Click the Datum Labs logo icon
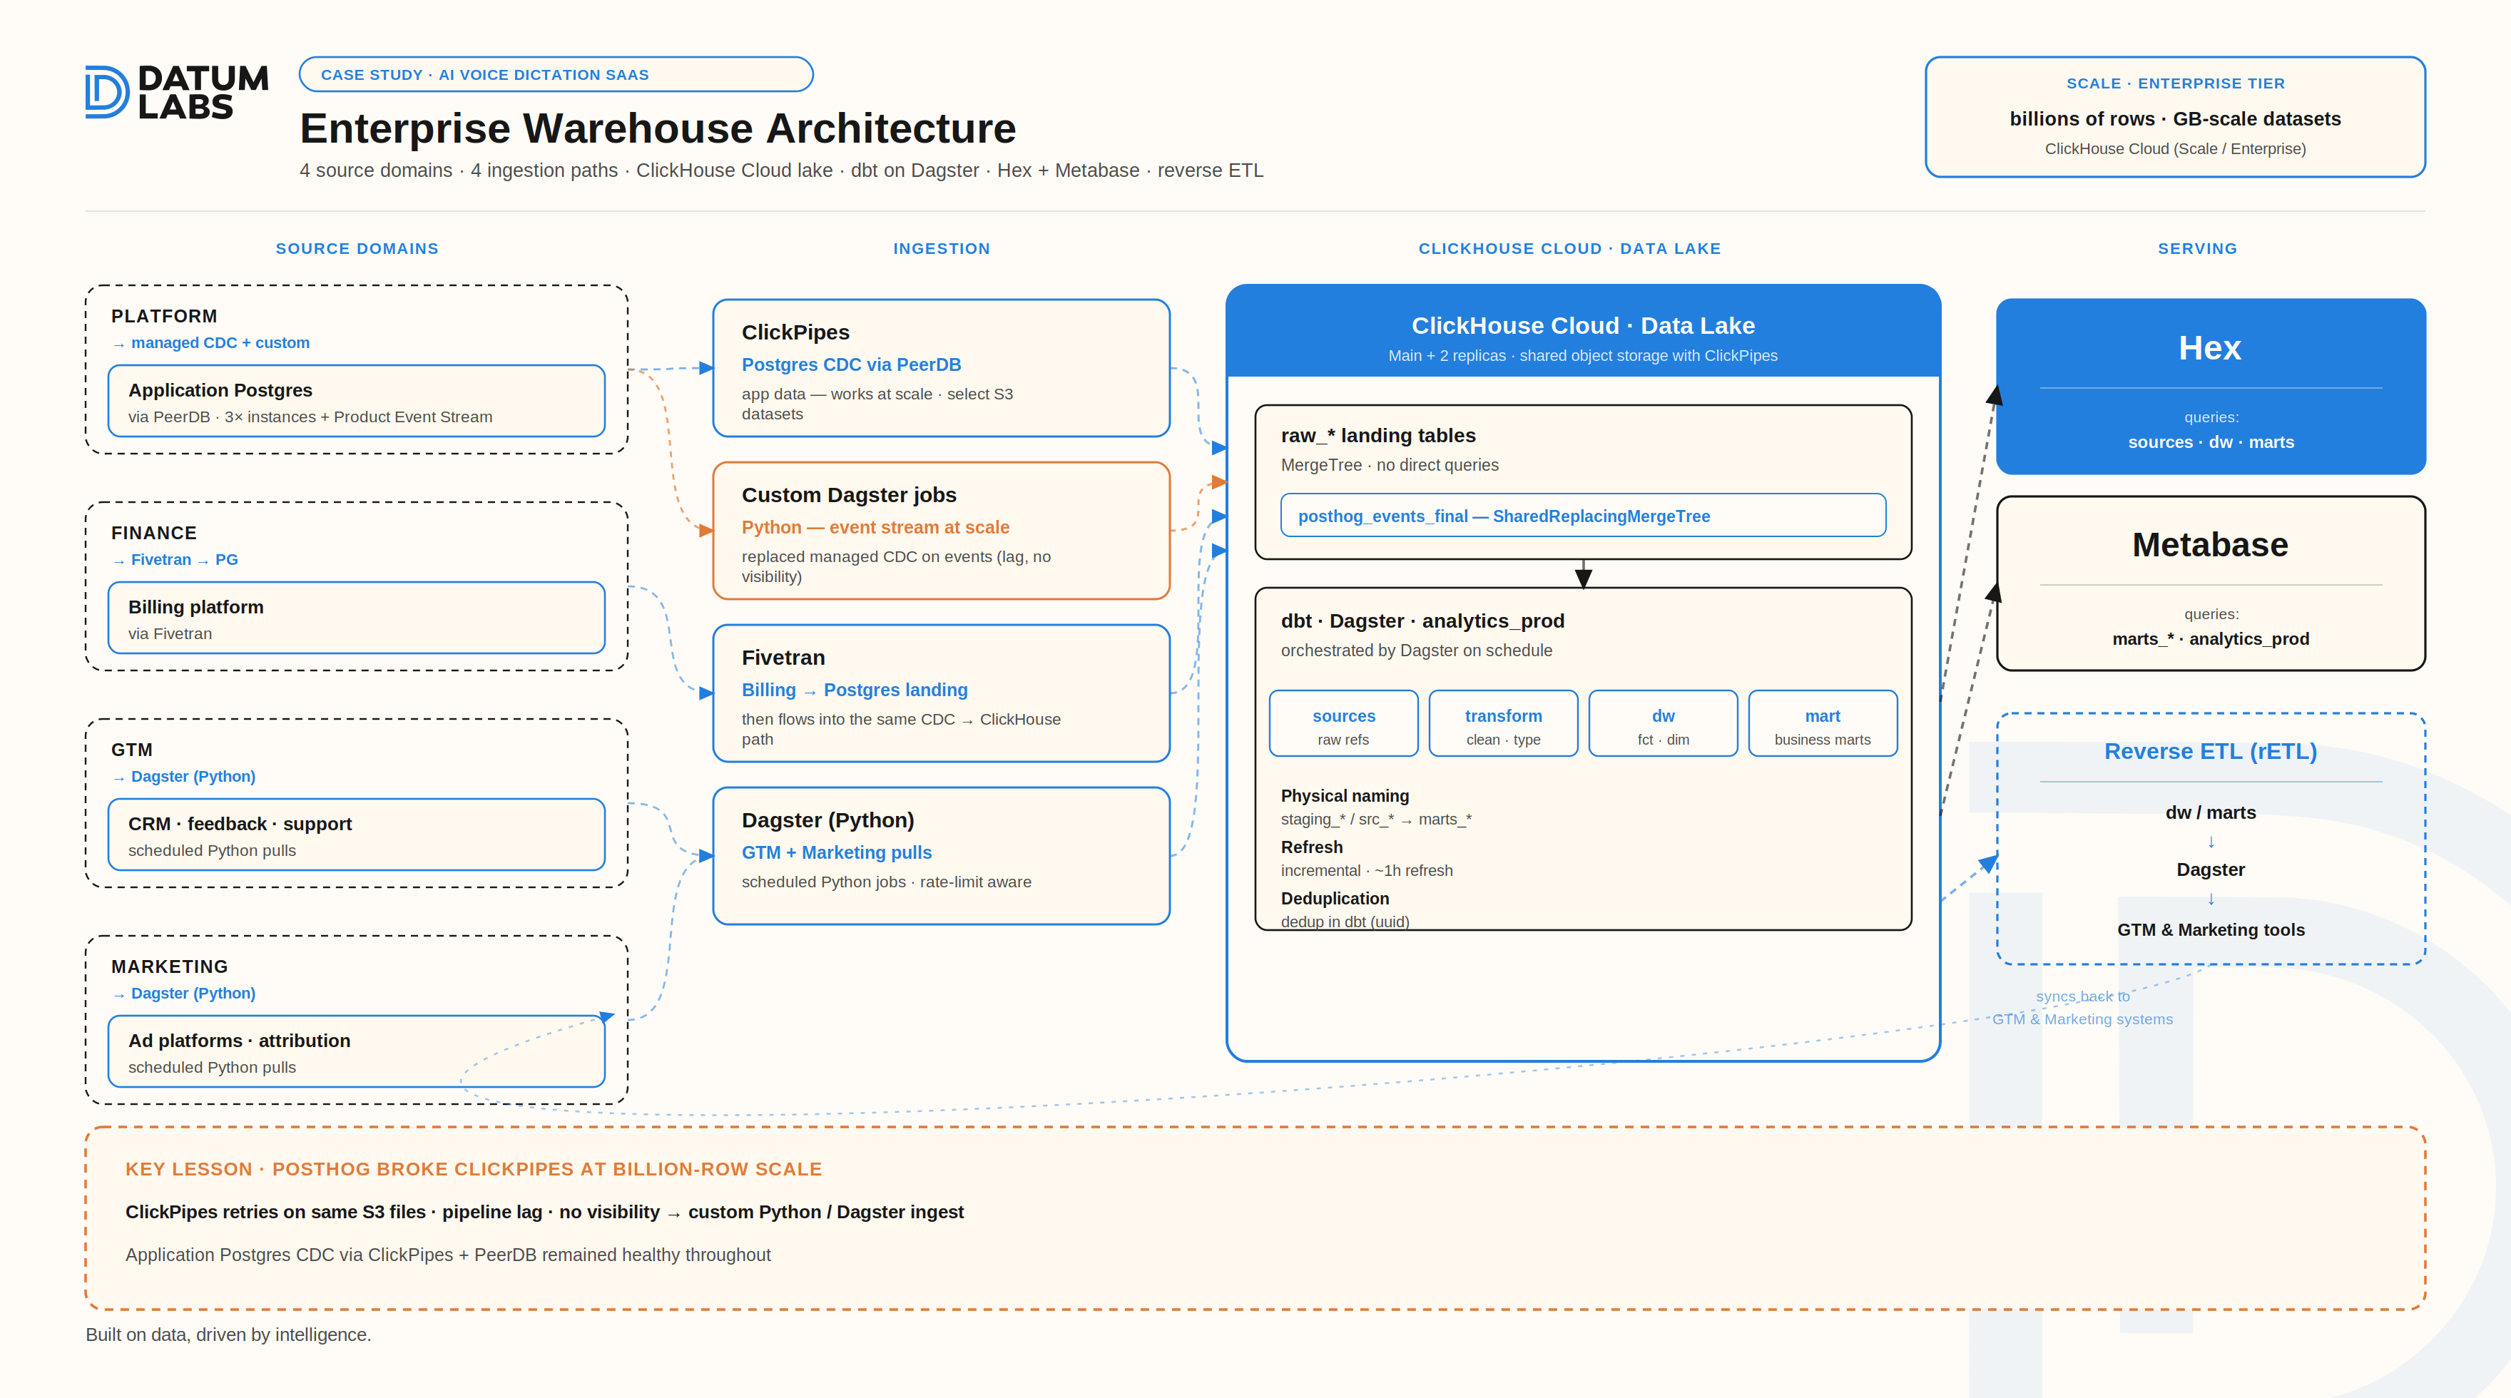click(107, 93)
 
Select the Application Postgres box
click(357, 401)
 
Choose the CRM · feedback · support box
click(357, 835)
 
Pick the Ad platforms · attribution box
click(357, 1051)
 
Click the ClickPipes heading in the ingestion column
click(795, 332)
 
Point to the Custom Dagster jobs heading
click(849, 495)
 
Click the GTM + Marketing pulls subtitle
click(836, 853)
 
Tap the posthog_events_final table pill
click(1583, 516)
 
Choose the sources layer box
click(1343, 723)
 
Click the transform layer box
click(1503, 723)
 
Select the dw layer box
click(1663, 723)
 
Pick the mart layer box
click(1823, 723)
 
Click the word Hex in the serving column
click(2210, 348)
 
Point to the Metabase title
click(2210, 545)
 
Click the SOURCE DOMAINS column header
click(357, 249)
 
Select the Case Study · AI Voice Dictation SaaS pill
click(556, 75)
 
